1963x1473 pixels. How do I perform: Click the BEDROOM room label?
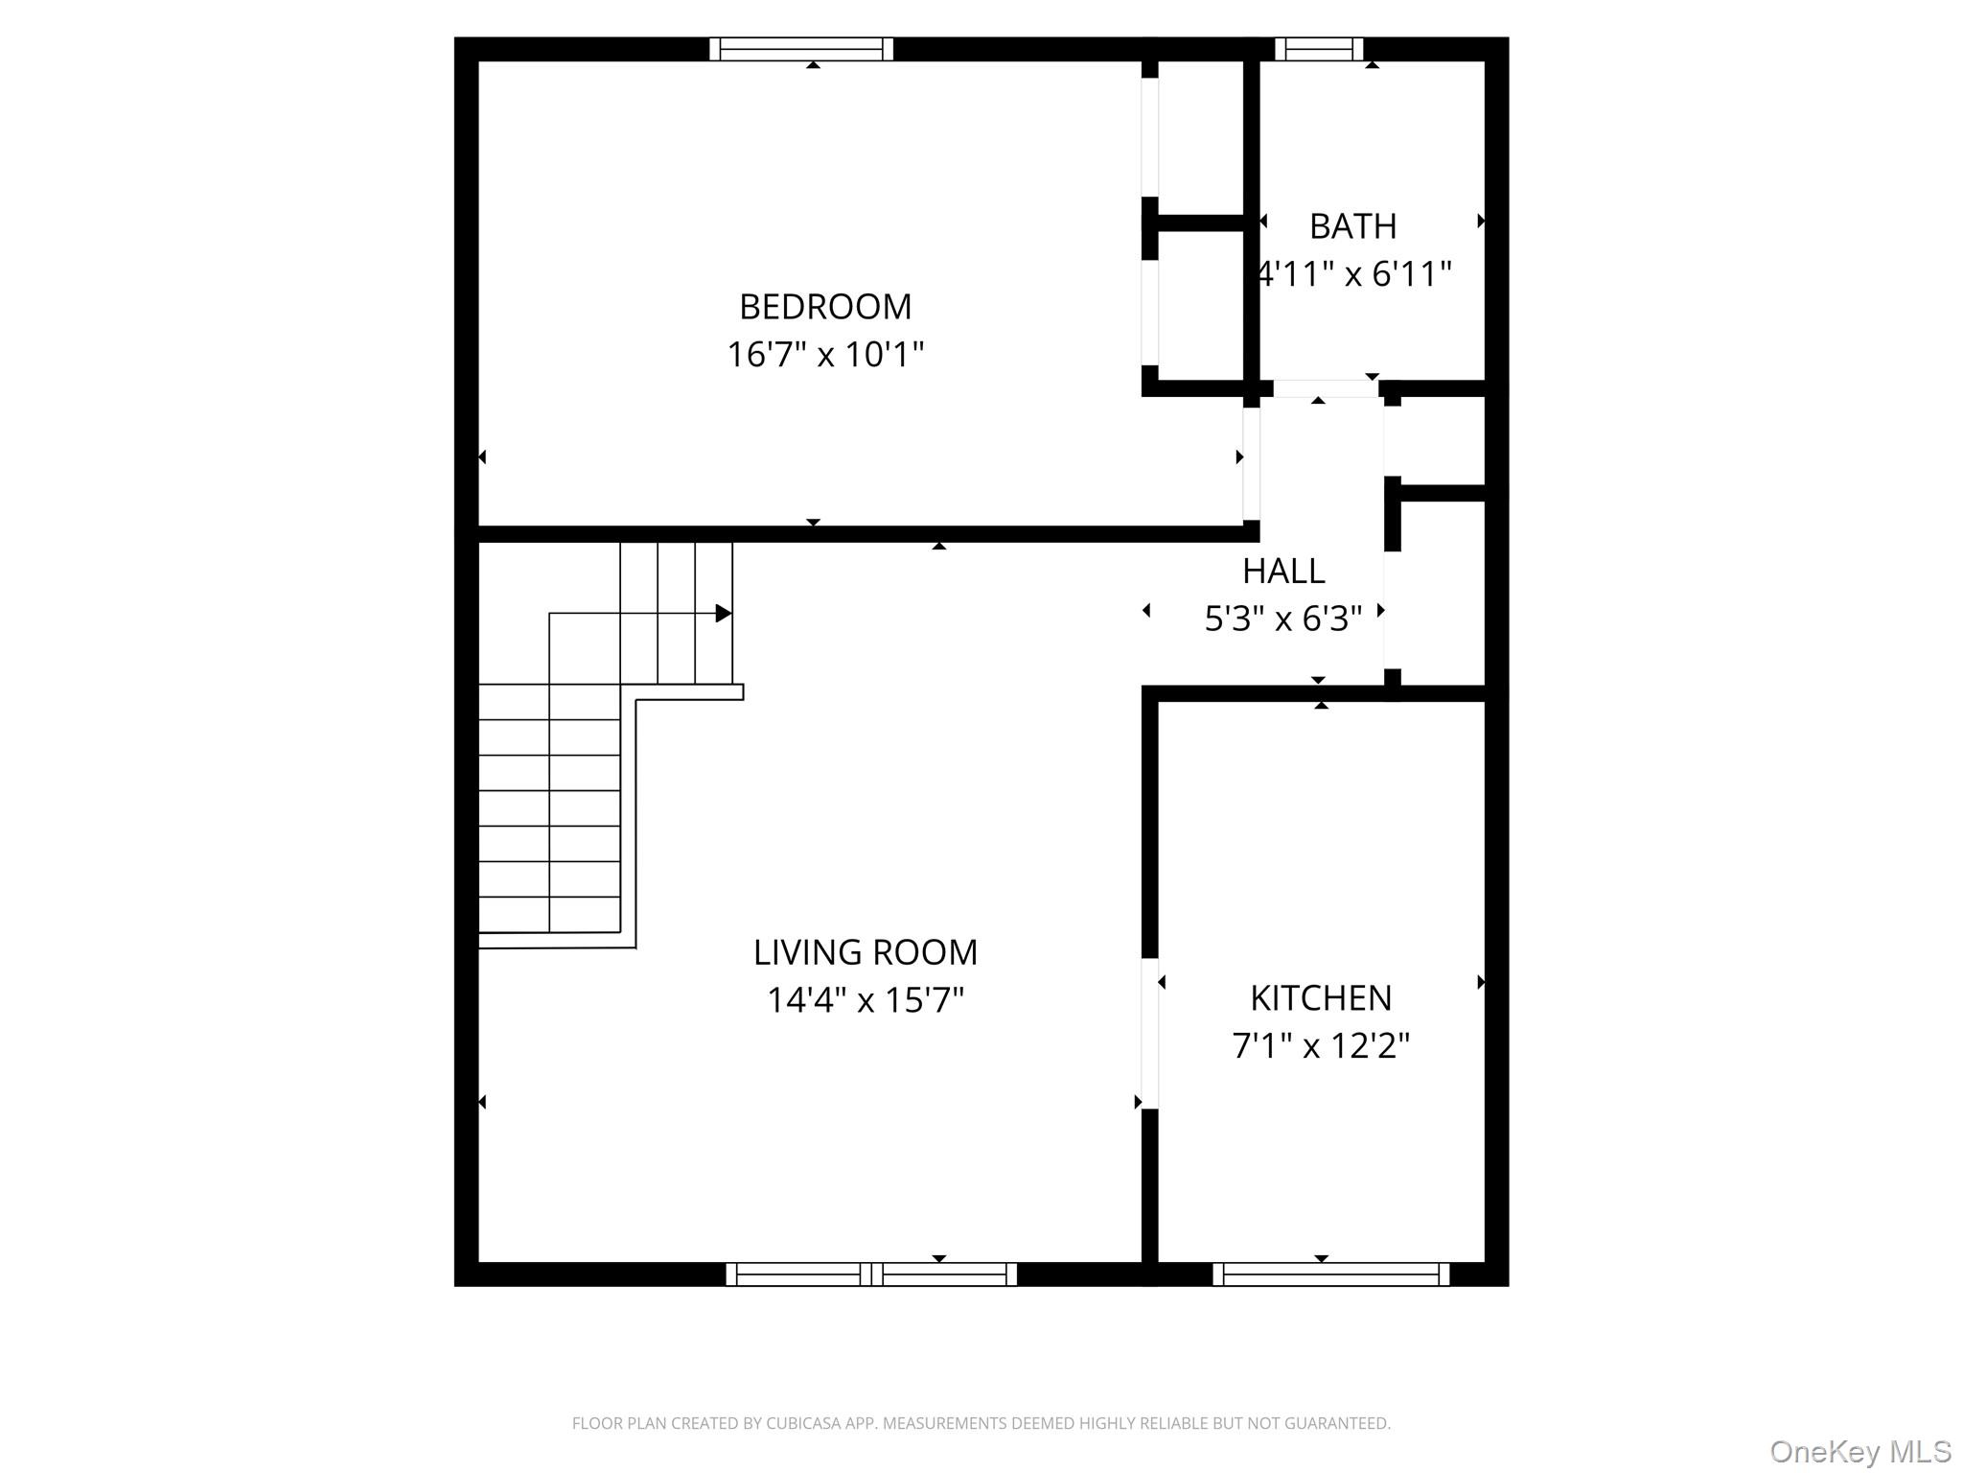pyautogui.click(x=825, y=307)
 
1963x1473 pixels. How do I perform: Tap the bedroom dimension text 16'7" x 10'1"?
pyautogui.click(x=825, y=355)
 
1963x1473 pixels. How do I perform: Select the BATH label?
pyautogui.click(x=1352, y=226)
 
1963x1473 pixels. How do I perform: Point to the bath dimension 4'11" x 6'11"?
pyautogui.click(x=1354, y=274)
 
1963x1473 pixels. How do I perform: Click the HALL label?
pyautogui.click(x=1283, y=572)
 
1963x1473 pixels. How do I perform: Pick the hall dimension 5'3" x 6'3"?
pyautogui.click(x=1283, y=620)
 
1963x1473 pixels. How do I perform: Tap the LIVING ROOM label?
pyautogui.click(x=866, y=952)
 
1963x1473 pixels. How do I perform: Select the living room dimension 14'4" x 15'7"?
pyautogui.click(x=866, y=1000)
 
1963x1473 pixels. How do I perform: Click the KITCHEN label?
pyautogui.click(x=1321, y=998)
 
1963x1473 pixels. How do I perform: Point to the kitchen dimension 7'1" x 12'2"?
pyautogui.click(x=1321, y=1045)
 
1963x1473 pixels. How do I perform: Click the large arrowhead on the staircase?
pyautogui.click(x=724, y=613)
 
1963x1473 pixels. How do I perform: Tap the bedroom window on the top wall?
pyautogui.click(x=801, y=49)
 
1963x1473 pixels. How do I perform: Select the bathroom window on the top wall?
pyautogui.click(x=1319, y=49)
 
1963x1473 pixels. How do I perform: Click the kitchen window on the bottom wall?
pyautogui.click(x=1331, y=1274)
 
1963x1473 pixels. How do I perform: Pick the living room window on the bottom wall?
pyautogui.click(x=871, y=1274)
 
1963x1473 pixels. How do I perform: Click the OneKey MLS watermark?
pyautogui.click(x=1860, y=1452)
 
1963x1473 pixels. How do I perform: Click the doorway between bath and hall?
pyautogui.click(x=1326, y=388)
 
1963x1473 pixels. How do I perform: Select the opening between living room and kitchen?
pyautogui.click(x=1150, y=1034)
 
